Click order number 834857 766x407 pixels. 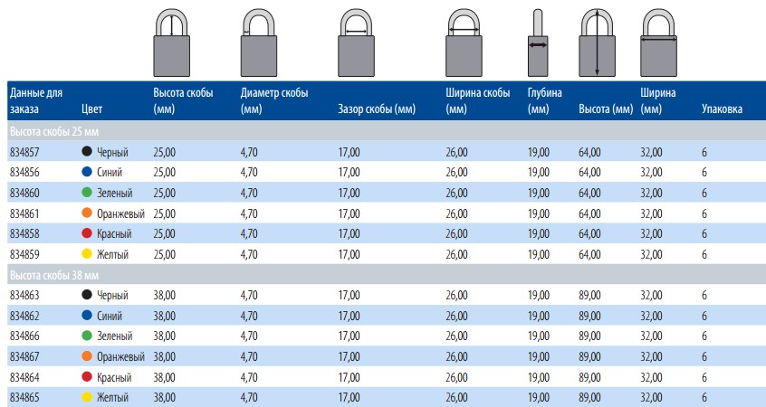click(x=24, y=152)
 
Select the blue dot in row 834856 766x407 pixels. click(x=87, y=172)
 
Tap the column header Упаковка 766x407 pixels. click(x=722, y=109)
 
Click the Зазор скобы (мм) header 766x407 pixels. click(x=376, y=109)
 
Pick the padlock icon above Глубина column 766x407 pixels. click(x=537, y=43)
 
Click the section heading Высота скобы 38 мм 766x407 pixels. click(x=54, y=275)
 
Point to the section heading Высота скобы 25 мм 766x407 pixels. click(x=54, y=132)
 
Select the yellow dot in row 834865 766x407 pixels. click(x=87, y=397)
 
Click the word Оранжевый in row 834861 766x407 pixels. click(x=120, y=213)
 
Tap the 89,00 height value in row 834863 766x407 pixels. click(x=589, y=295)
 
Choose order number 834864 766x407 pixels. click(x=24, y=377)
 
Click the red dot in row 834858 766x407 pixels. click(x=87, y=233)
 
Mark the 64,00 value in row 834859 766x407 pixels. click(x=589, y=254)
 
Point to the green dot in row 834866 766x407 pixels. click(x=87, y=336)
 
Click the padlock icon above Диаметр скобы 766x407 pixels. click(x=258, y=43)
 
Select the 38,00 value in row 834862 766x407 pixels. click(x=164, y=316)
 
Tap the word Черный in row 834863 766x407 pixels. click(x=112, y=295)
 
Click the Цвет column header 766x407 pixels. click(x=91, y=109)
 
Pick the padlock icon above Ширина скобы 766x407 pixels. click(x=464, y=43)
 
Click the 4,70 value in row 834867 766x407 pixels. click(x=249, y=356)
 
